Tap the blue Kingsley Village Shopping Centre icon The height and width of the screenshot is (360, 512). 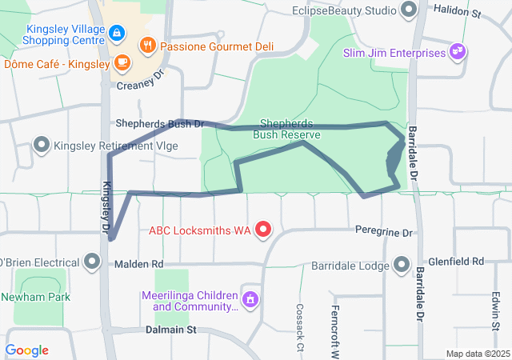pos(117,33)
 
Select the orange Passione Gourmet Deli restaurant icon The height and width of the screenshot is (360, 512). pos(147,46)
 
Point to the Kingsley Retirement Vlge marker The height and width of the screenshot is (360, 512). pos(42,146)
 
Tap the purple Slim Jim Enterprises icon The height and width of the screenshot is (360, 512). pos(458,53)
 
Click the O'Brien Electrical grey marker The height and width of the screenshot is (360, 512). pos(92,262)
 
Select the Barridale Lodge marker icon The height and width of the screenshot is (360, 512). pos(402,265)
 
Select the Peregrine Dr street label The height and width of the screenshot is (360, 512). pos(384,233)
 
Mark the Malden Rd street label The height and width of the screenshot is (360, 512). pos(138,264)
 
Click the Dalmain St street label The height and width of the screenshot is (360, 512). pos(170,330)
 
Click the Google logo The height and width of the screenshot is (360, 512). pos(26,350)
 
